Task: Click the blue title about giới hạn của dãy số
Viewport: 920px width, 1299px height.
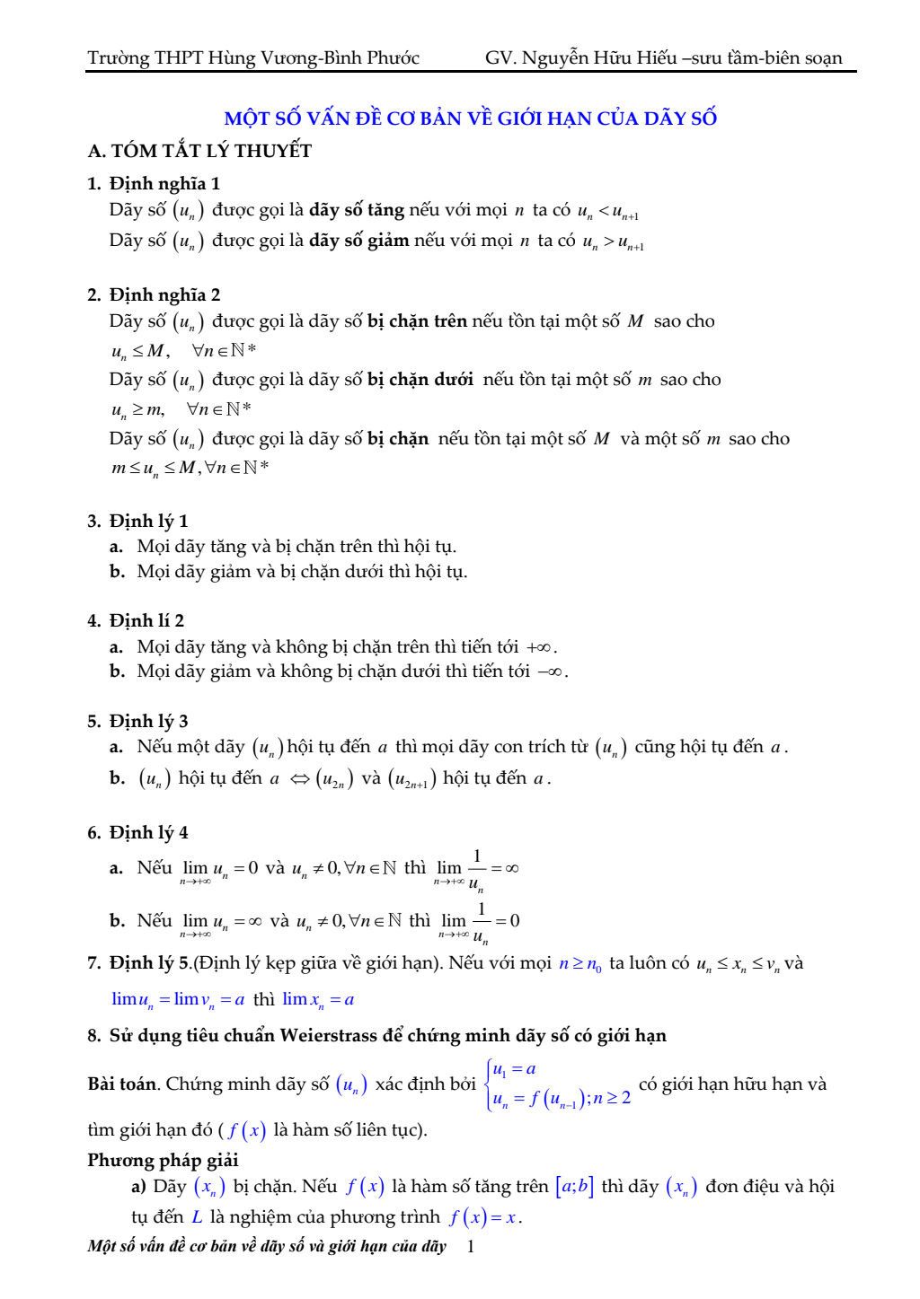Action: click(470, 118)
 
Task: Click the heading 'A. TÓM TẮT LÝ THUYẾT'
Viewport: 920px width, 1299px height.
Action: click(199, 151)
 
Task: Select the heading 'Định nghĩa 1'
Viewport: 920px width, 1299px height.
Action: click(164, 184)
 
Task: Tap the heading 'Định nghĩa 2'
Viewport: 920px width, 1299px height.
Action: click(164, 295)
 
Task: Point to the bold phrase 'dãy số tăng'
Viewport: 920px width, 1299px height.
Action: click(357, 210)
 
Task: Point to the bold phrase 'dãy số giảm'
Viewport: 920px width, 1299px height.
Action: click(359, 241)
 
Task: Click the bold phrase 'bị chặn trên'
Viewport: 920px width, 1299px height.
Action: click(417, 321)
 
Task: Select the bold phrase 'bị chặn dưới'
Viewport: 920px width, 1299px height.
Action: click(420, 380)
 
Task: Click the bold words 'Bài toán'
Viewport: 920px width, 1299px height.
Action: click(122, 1084)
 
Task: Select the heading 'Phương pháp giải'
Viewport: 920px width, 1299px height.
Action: click(163, 1161)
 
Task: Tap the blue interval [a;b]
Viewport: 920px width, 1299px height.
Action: click(574, 1187)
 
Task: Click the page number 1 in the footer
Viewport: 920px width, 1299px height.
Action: click(470, 1246)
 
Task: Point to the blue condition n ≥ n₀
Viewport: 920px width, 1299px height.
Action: click(580, 964)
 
